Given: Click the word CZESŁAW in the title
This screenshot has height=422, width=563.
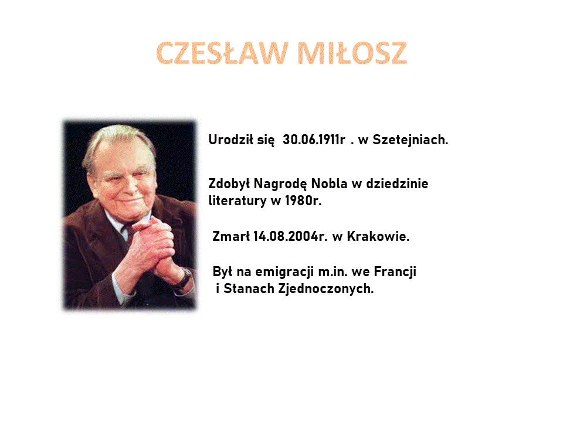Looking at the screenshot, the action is coord(222,53).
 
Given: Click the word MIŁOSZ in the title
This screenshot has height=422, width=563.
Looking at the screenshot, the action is coord(352,53).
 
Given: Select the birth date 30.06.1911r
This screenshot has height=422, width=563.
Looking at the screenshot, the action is coord(314,139).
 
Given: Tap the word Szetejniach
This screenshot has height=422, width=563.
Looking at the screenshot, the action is coord(411,140).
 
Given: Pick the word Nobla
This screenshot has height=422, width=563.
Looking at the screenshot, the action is coord(329,183).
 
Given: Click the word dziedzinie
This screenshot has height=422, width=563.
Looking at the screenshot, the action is coord(397,183).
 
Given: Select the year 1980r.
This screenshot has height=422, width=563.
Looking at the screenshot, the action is coord(303,200).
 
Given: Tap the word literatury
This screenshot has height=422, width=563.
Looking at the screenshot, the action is coord(238,201).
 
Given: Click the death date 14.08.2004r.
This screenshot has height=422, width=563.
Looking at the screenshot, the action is coord(290,236).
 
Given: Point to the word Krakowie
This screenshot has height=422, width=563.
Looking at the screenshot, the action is coord(378,236).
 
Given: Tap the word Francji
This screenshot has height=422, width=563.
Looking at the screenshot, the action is coord(395,271).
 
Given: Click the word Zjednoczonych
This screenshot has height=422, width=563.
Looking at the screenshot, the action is coord(326,289).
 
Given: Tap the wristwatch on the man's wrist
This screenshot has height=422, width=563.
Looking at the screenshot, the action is coord(185,278).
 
